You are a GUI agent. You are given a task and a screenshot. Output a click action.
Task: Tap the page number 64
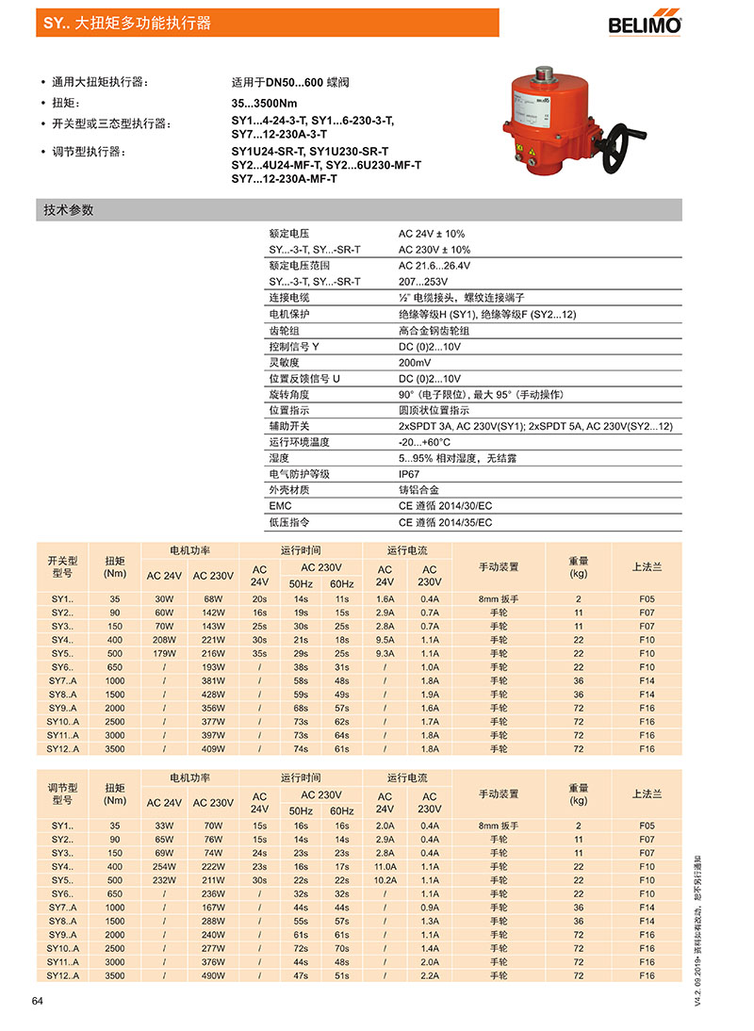(x=38, y=1001)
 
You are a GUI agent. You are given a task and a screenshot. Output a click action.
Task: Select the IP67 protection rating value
(x=409, y=474)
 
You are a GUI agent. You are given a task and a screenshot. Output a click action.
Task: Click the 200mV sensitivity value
(x=415, y=362)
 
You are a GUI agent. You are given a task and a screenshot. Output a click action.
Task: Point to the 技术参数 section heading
(x=69, y=210)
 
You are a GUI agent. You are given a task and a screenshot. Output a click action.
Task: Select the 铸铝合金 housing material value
(x=418, y=490)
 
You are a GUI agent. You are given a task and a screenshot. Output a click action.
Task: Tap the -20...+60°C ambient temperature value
(x=424, y=442)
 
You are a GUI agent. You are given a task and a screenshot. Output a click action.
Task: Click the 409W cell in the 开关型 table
(x=213, y=748)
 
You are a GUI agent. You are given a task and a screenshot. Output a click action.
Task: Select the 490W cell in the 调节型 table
(x=213, y=975)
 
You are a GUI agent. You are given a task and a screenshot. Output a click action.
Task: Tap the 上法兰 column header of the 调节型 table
(x=647, y=794)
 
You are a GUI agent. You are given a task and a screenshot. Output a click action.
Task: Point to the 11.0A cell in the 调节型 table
(x=385, y=866)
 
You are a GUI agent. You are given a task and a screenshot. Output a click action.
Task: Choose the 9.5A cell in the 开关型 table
(x=385, y=639)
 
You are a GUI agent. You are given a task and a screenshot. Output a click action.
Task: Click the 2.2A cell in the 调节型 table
(x=430, y=975)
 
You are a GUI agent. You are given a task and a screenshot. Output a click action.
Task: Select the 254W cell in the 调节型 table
(x=164, y=866)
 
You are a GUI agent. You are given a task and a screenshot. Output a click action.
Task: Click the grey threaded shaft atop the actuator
(x=544, y=73)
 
